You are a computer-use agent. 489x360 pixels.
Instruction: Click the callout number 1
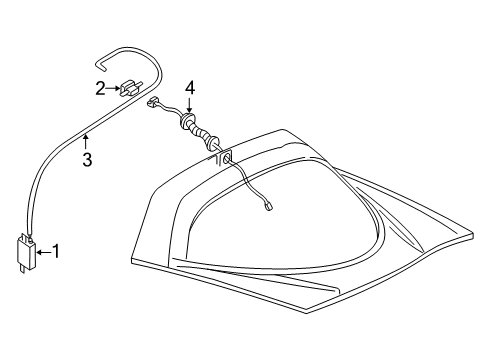(56, 252)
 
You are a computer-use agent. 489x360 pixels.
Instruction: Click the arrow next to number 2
(113, 88)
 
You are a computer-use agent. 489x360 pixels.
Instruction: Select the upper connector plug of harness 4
(152, 101)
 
